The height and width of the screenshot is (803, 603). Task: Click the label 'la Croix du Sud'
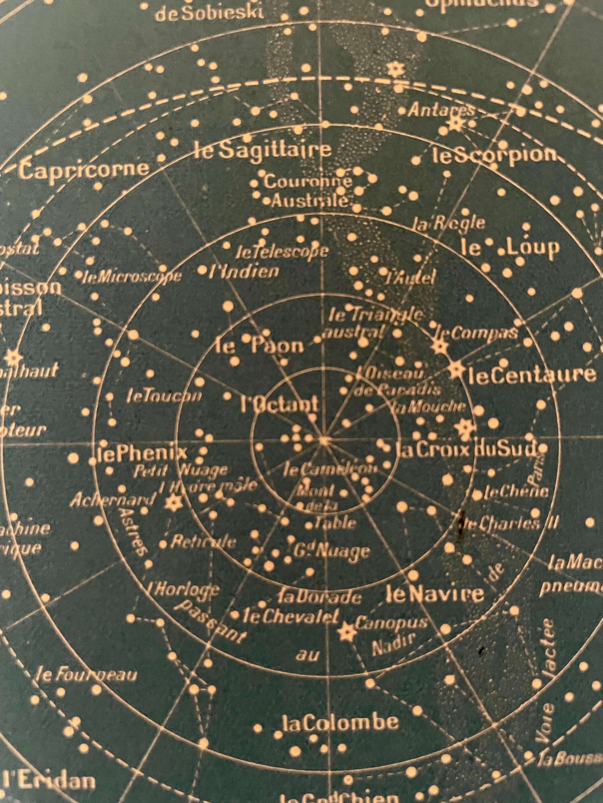pos(466,450)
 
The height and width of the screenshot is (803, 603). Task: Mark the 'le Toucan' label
pos(164,396)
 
